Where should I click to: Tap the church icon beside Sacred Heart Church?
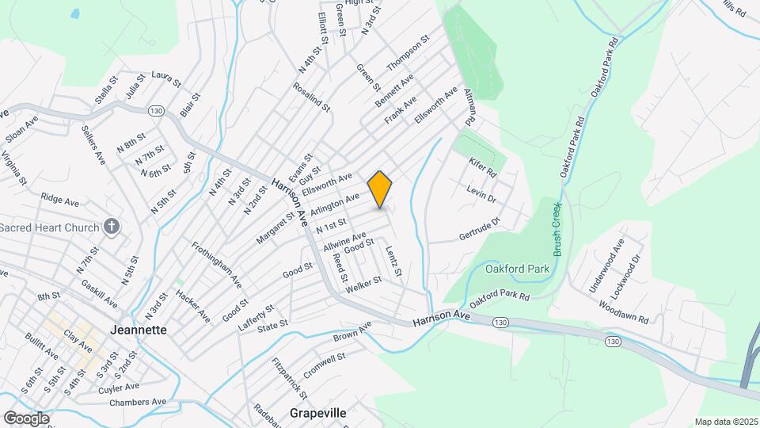112,227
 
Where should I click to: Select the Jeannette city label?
139,330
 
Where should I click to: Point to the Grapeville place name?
319,413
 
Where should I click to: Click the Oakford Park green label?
517,269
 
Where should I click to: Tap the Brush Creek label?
557,228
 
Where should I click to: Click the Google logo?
26,418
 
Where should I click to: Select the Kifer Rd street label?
481,166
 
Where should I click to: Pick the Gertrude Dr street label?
481,229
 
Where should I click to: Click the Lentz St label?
393,263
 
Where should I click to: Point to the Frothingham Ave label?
215,265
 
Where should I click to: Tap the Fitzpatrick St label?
289,378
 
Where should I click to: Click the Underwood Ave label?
606,266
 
